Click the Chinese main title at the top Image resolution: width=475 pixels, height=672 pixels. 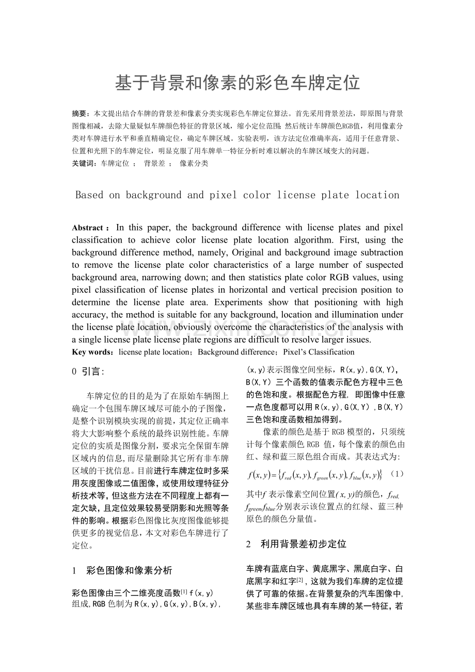(x=237, y=83)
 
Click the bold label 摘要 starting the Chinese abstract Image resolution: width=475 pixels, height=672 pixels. (x=80, y=113)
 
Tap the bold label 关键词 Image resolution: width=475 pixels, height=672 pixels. (x=83, y=164)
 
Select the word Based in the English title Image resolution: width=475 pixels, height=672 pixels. (x=89, y=195)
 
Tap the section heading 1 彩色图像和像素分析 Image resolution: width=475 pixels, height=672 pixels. (x=122, y=570)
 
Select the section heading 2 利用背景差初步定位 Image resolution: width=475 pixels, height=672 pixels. (x=296, y=544)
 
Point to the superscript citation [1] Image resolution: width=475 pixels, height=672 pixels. (x=184, y=591)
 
